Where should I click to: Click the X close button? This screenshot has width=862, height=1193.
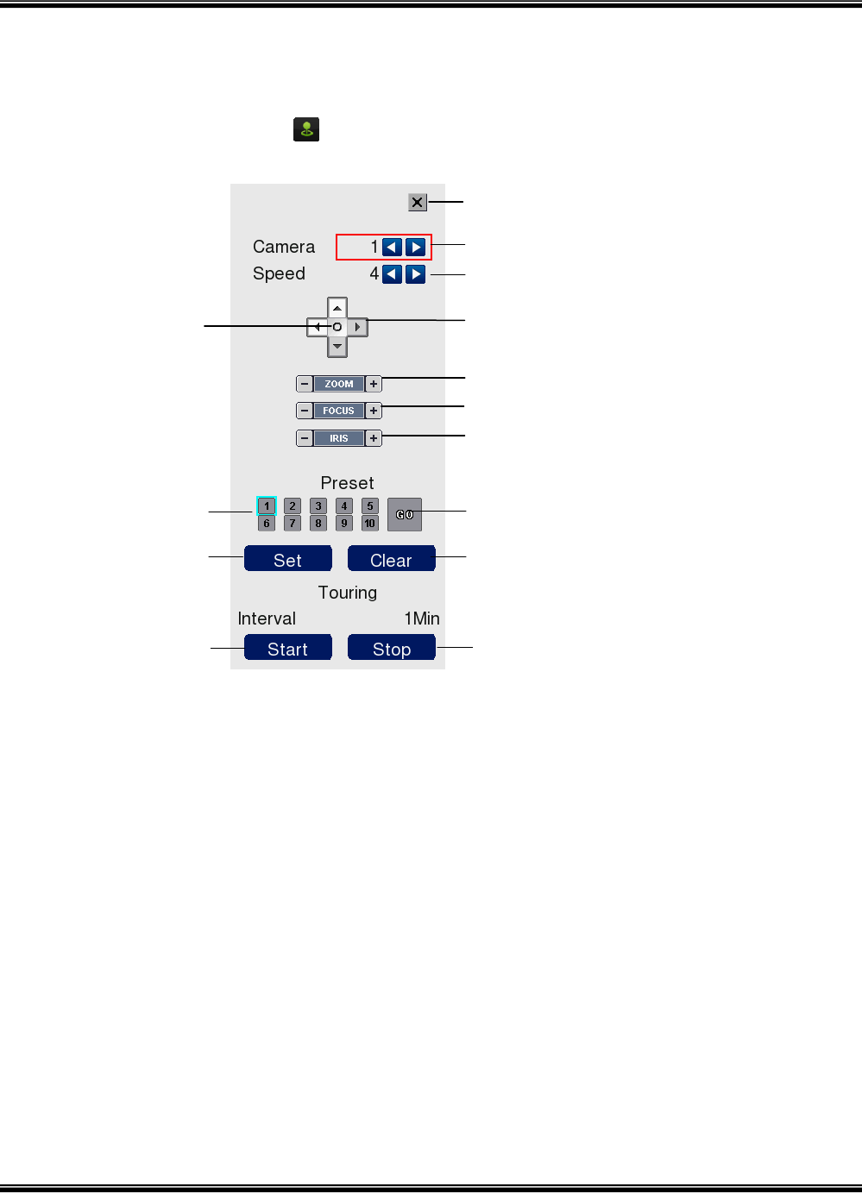(x=418, y=203)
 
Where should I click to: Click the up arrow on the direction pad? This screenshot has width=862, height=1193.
(x=337, y=308)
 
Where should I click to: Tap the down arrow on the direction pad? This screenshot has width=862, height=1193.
(x=337, y=347)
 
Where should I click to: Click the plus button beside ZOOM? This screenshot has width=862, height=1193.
(x=374, y=384)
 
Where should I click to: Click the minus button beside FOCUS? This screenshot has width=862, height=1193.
(x=305, y=411)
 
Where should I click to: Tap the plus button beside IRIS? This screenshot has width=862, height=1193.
(x=374, y=438)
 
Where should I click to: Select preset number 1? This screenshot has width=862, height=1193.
(x=267, y=506)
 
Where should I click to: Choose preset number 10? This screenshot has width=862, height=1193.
(x=370, y=524)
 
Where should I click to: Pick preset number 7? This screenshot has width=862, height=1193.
(x=293, y=524)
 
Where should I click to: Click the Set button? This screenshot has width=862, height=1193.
(x=288, y=560)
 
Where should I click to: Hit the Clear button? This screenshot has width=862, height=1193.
(x=391, y=560)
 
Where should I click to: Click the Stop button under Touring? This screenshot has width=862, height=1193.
(x=391, y=649)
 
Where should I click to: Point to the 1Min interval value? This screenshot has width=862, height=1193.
(x=422, y=618)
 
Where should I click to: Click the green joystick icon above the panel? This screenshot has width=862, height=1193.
(x=306, y=129)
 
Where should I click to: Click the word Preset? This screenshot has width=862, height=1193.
(x=347, y=483)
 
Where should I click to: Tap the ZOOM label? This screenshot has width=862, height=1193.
(x=339, y=384)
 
